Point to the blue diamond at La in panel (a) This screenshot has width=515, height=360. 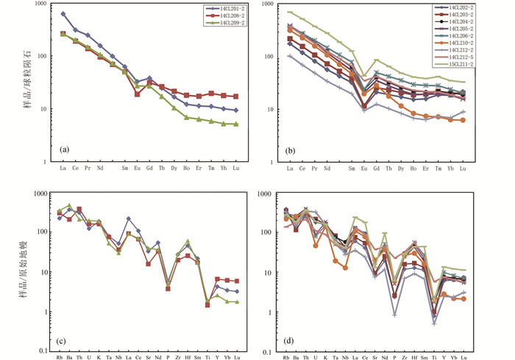coord(63,14)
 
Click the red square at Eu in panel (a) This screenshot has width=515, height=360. coord(137,94)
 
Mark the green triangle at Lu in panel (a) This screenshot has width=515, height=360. coord(235,124)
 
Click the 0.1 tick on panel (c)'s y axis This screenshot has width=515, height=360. coord(43,352)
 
